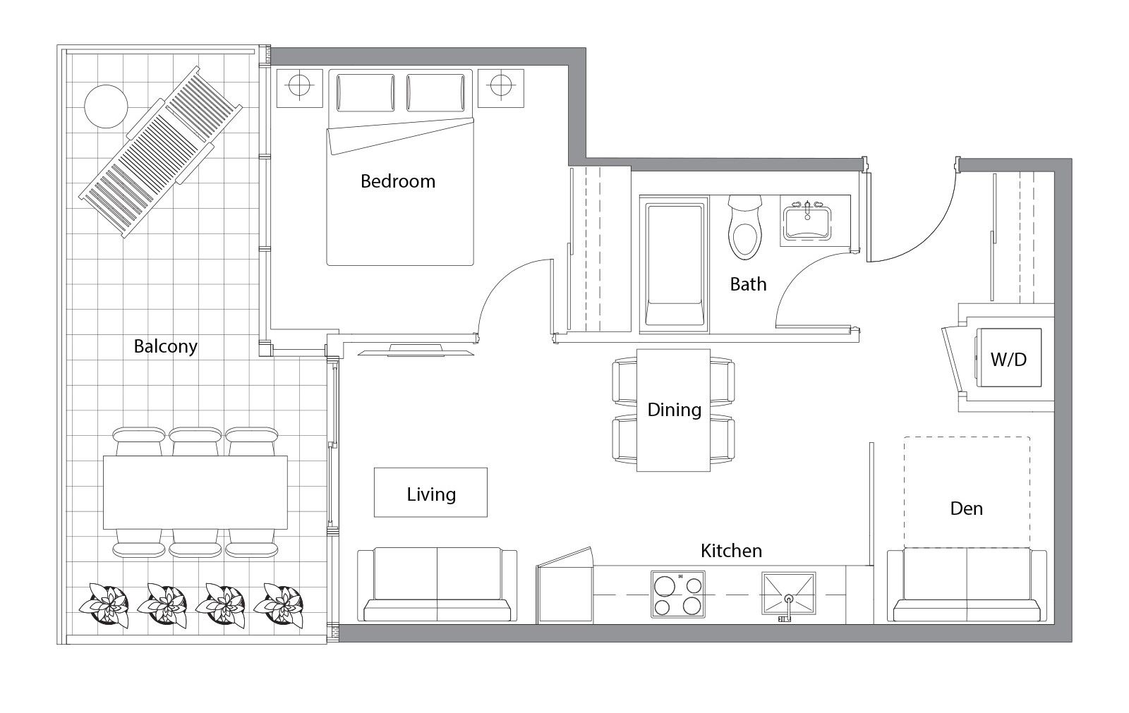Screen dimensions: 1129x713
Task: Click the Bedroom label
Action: pyautogui.click(x=398, y=181)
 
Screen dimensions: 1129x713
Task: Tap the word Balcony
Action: pyautogui.click(x=165, y=346)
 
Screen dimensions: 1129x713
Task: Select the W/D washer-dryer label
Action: pyautogui.click(x=1008, y=359)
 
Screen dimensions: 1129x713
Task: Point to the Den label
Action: pyautogui.click(x=966, y=508)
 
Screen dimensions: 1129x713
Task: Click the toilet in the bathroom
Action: pyautogui.click(x=745, y=227)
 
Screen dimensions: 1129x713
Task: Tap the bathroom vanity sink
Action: pyautogui.click(x=807, y=221)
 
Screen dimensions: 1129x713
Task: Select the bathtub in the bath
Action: pyautogui.click(x=675, y=264)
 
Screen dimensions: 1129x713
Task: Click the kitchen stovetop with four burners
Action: pyautogui.click(x=678, y=595)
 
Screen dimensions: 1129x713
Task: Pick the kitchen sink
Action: pyautogui.click(x=789, y=594)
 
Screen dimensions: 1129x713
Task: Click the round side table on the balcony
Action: pyautogui.click(x=106, y=106)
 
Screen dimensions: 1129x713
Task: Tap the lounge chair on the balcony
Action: pyautogui.click(x=161, y=152)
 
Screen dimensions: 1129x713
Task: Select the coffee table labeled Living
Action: pyautogui.click(x=430, y=492)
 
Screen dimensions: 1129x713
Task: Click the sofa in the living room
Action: pyautogui.click(x=437, y=585)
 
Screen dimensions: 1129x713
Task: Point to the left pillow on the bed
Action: pyautogui.click(x=366, y=93)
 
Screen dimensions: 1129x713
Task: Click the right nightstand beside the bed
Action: pyautogui.click(x=501, y=88)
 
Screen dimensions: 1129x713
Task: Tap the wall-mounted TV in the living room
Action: pyautogui.click(x=416, y=351)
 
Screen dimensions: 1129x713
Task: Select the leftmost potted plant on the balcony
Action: pyautogui.click(x=104, y=604)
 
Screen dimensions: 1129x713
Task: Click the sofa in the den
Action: pyautogui.click(x=967, y=585)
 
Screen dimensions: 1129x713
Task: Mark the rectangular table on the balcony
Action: pyautogui.click(x=195, y=492)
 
